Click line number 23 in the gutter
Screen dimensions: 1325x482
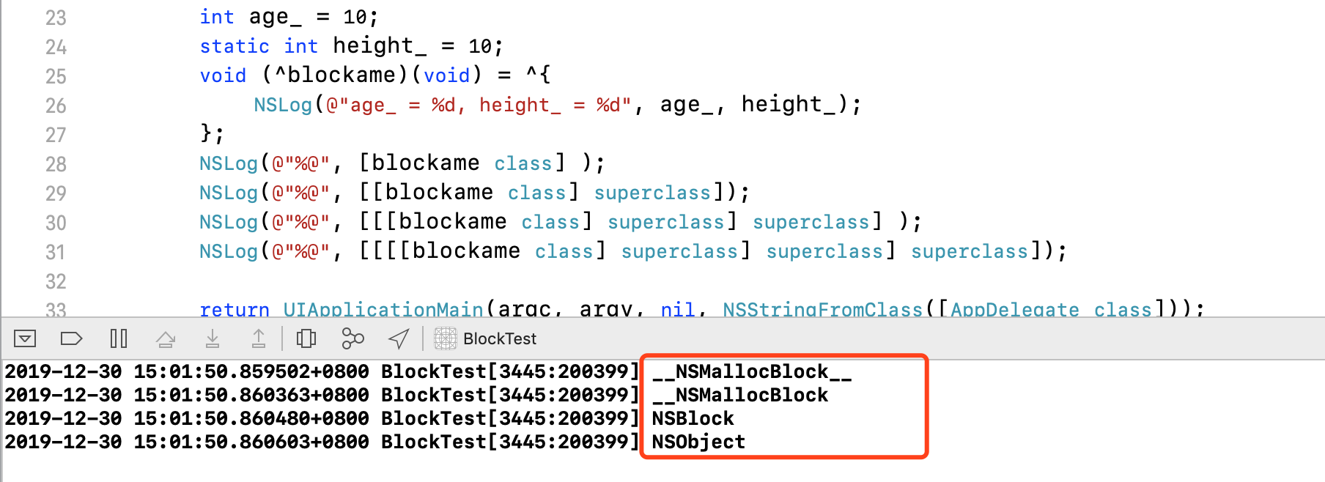[x=56, y=18]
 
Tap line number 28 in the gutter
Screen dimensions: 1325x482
[x=56, y=164]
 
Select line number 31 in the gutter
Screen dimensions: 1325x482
[x=56, y=252]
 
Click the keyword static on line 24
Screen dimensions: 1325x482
[x=235, y=46]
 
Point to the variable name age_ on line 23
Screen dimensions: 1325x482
[x=275, y=17]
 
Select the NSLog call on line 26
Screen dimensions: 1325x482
[x=283, y=105]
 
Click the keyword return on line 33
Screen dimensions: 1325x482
[x=235, y=310]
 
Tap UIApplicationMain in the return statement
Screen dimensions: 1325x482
[x=383, y=310]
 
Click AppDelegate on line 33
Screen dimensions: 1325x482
[x=1014, y=310]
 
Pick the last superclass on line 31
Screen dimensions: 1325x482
[x=970, y=251]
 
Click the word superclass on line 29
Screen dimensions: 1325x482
[x=652, y=193]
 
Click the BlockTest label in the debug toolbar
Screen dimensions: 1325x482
[x=500, y=338]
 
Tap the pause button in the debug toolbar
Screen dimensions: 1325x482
[x=118, y=338]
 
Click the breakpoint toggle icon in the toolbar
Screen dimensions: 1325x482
[x=71, y=338]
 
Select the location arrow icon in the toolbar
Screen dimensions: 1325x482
[x=399, y=338]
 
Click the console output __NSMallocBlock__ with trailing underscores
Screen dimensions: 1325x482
[x=752, y=372]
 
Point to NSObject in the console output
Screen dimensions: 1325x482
[x=698, y=442]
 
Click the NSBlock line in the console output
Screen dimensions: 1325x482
[x=693, y=419]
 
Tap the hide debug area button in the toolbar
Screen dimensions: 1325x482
[x=25, y=338]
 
